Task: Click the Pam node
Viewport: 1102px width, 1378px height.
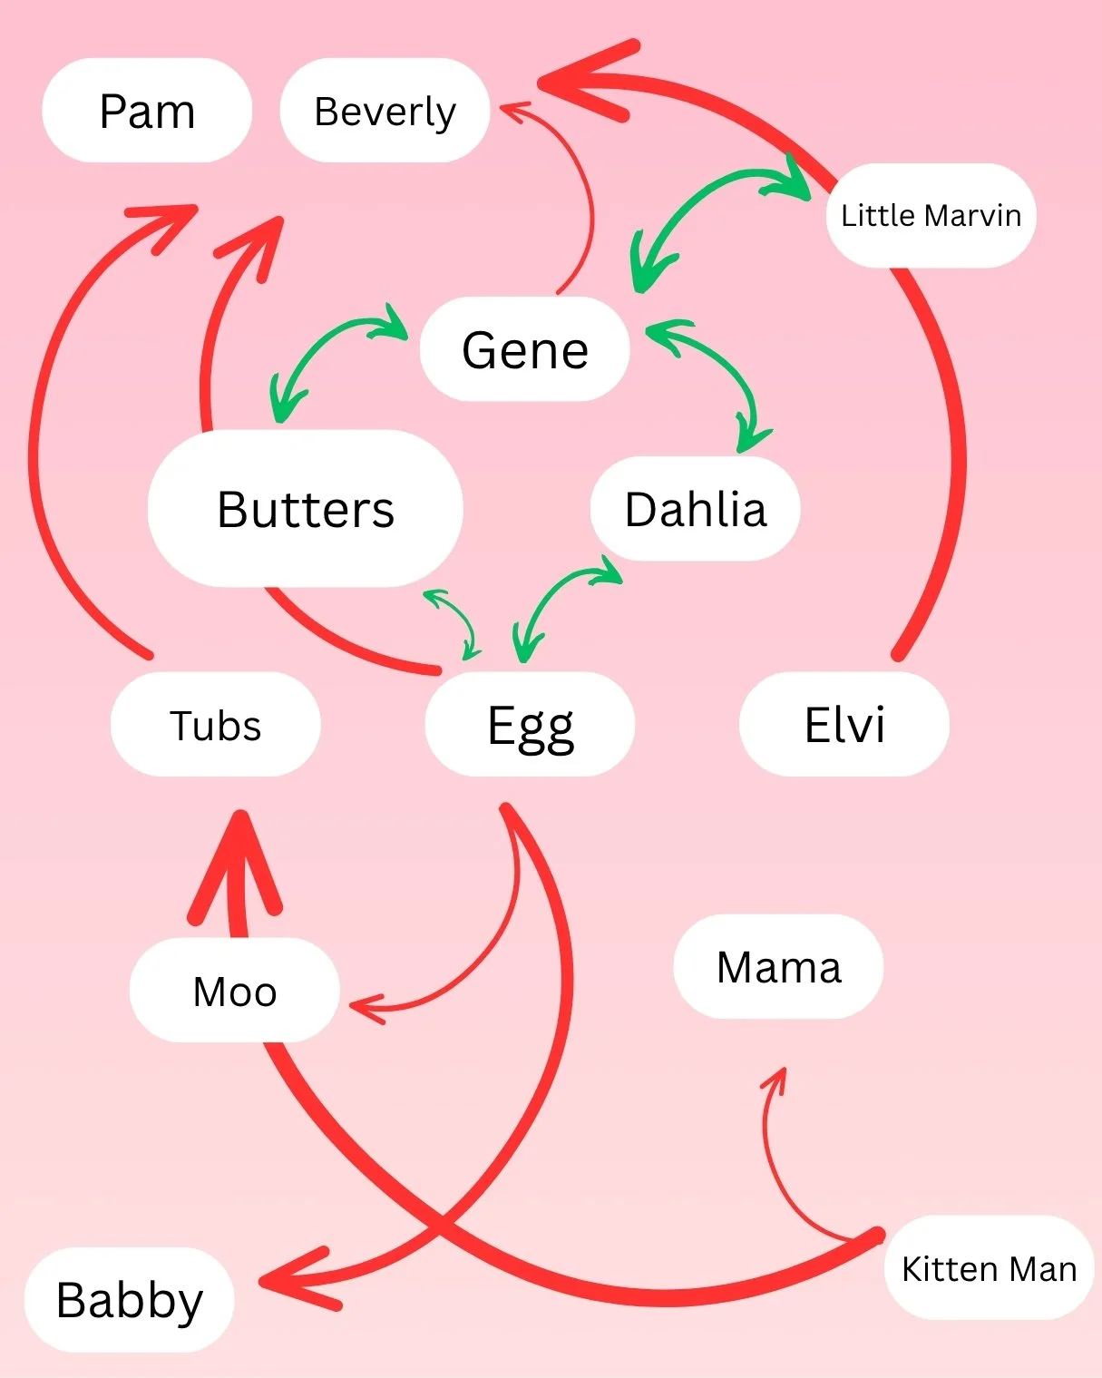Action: [x=147, y=111]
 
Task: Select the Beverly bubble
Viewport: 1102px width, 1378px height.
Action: [x=385, y=111]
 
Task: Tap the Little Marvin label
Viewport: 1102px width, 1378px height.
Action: [x=931, y=216]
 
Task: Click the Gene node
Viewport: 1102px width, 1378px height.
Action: [x=524, y=349]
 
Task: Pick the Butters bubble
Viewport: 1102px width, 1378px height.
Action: [x=306, y=508]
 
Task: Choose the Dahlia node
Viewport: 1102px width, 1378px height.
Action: [x=695, y=508]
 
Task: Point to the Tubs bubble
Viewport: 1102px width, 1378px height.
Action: [x=215, y=725]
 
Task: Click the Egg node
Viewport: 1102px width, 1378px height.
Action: [x=530, y=725]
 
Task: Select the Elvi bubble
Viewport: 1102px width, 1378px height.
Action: [x=844, y=725]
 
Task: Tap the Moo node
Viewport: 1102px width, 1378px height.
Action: [x=234, y=991]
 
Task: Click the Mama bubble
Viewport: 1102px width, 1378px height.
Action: [x=778, y=967]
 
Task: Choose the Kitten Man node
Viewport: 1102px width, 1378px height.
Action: [x=989, y=1268]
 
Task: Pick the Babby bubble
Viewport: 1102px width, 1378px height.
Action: [x=129, y=1299]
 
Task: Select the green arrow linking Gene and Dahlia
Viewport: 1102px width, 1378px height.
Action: [x=717, y=372]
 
